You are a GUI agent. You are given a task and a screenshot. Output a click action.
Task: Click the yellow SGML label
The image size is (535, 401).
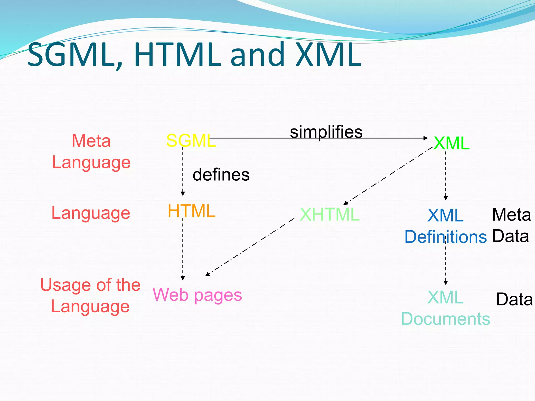click(x=191, y=141)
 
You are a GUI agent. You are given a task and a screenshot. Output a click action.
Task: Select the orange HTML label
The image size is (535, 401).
click(x=191, y=211)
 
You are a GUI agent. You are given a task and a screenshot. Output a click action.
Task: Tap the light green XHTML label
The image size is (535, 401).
click(x=329, y=215)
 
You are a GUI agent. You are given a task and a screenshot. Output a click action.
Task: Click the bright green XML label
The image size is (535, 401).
click(x=451, y=143)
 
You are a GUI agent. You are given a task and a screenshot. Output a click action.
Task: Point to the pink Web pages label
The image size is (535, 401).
click(x=197, y=295)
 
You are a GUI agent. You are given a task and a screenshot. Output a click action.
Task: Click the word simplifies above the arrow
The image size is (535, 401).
click(x=326, y=132)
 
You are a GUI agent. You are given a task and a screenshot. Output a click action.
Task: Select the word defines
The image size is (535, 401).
click(x=221, y=175)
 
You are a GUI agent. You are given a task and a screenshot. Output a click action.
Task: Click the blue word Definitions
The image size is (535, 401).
click(x=445, y=237)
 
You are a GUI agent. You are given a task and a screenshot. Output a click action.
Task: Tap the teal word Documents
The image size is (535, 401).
click(x=445, y=319)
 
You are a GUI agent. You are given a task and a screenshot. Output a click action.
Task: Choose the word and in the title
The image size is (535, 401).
click(x=257, y=55)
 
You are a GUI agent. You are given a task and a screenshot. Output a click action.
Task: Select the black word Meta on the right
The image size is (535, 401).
click(x=511, y=215)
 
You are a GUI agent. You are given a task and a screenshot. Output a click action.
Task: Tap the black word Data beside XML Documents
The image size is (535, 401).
click(x=514, y=299)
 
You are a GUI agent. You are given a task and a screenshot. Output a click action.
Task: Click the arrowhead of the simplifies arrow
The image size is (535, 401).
click(x=426, y=138)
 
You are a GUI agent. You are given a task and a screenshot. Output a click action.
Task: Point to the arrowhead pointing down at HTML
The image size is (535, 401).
click(x=183, y=194)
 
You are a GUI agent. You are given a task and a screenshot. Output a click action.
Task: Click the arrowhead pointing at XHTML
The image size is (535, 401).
click(x=345, y=203)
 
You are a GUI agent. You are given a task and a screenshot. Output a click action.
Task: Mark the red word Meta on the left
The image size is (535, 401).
click(x=91, y=141)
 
